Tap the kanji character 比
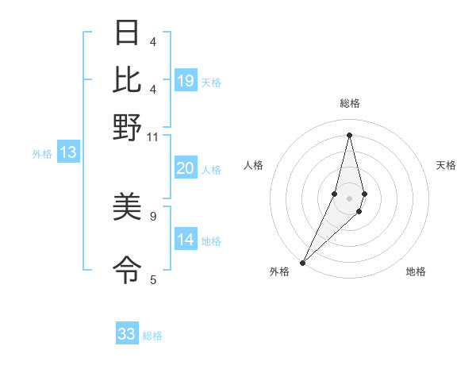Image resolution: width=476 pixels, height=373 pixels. (x=127, y=80)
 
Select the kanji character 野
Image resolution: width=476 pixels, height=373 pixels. (x=127, y=127)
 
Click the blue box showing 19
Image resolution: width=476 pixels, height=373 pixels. (x=186, y=81)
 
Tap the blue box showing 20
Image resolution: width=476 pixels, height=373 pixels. (x=186, y=168)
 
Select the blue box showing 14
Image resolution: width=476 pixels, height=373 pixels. (x=186, y=240)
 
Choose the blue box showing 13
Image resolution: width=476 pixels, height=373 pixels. (x=67, y=153)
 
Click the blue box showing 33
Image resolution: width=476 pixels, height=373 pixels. (x=127, y=334)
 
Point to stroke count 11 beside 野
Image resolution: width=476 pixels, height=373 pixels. (x=153, y=137)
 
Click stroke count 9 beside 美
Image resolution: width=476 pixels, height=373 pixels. (x=153, y=215)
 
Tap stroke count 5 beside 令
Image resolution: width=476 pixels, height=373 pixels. (x=153, y=279)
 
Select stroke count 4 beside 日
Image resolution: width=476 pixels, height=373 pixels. (x=153, y=41)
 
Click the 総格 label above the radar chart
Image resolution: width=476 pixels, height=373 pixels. (x=350, y=103)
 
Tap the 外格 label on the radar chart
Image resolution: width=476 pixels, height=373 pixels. (x=279, y=271)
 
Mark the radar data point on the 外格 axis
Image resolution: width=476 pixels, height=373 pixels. (x=303, y=262)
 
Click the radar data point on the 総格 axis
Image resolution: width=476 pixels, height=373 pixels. (x=350, y=135)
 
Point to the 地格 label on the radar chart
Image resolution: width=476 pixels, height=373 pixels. (x=416, y=271)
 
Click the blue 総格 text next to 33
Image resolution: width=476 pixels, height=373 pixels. (x=152, y=336)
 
